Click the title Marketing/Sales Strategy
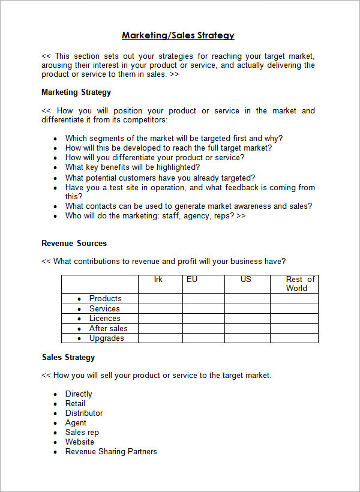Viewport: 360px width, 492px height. (178, 35)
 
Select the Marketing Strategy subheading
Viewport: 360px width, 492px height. (76, 92)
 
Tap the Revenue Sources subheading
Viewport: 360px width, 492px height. (74, 243)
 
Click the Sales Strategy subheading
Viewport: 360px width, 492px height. (68, 357)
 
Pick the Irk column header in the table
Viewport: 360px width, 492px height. (158, 280)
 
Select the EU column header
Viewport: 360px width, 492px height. (192, 280)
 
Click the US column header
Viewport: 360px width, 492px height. (246, 280)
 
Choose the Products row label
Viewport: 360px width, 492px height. (106, 298)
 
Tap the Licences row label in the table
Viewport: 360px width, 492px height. (105, 318)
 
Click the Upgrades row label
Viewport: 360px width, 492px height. (107, 338)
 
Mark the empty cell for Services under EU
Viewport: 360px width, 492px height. (203, 308)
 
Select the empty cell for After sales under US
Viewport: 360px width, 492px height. (247, 328)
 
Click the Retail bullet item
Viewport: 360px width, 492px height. (76, 403)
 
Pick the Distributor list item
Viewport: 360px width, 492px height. (84, 413)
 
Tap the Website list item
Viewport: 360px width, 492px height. (80, 442)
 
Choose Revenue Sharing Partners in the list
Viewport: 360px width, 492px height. (111, 451)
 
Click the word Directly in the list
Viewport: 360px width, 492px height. (79, 394)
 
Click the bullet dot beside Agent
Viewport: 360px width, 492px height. (55, 423)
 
